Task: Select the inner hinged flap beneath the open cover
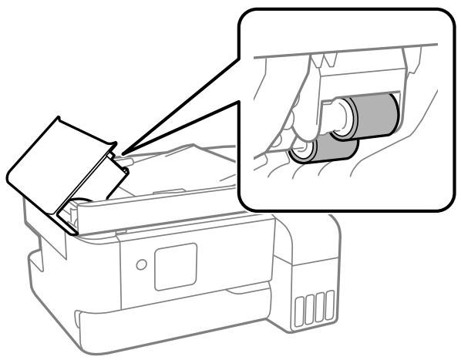[x=100, y=177]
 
